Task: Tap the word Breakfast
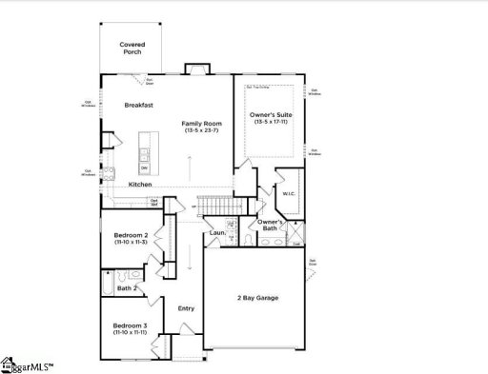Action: pos(139,105)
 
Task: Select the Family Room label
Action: pos(202,123)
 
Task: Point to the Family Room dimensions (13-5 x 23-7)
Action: pos(202,130)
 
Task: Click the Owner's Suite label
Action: pos(271,115)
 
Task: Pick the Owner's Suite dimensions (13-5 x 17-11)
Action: pos(271,123)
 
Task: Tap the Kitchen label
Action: pos(128,185)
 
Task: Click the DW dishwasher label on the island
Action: pos(144,168)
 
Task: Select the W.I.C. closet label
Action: pos(290,194)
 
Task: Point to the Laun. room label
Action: pos(217,232)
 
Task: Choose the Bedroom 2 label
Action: pos(131,234)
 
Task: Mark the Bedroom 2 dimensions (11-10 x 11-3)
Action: pos(131,243)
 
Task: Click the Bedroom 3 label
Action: pos(131,326)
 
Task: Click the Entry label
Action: pos(187,308)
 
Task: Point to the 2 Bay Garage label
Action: pos(257,298)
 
